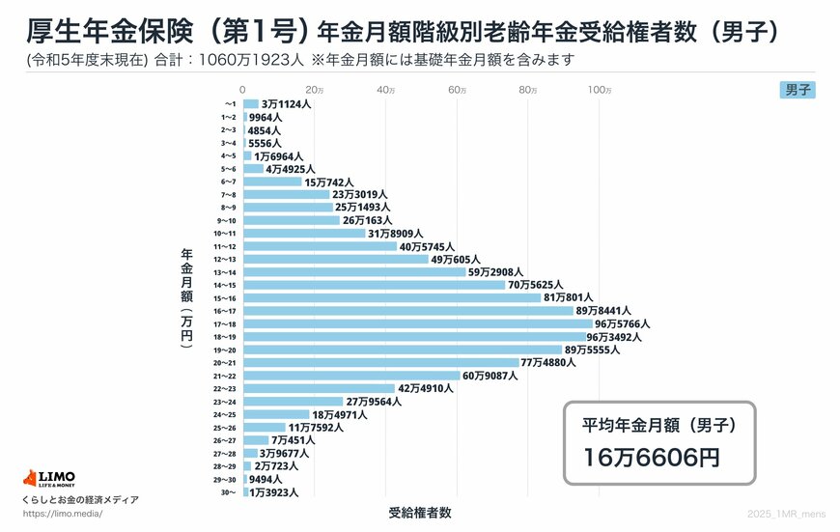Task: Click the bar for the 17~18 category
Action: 417,323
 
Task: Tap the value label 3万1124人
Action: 286,103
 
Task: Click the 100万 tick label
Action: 599,90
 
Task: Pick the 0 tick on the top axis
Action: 243,90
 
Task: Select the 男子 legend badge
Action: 798,90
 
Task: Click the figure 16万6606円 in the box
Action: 652,458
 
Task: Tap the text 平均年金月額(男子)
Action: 658,424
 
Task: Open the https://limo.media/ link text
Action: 63,514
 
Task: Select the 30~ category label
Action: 230,492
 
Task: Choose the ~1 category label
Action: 230,103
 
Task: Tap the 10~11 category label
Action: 224,234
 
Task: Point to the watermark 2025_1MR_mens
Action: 787,513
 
